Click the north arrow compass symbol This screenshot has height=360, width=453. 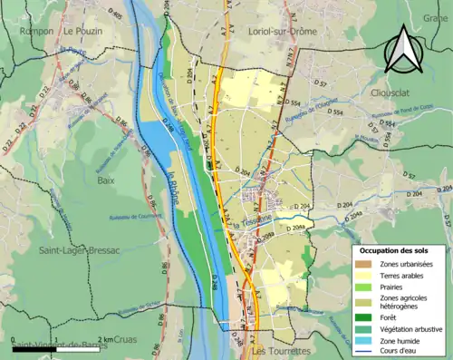[404, 49]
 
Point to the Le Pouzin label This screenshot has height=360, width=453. [82, 31]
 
